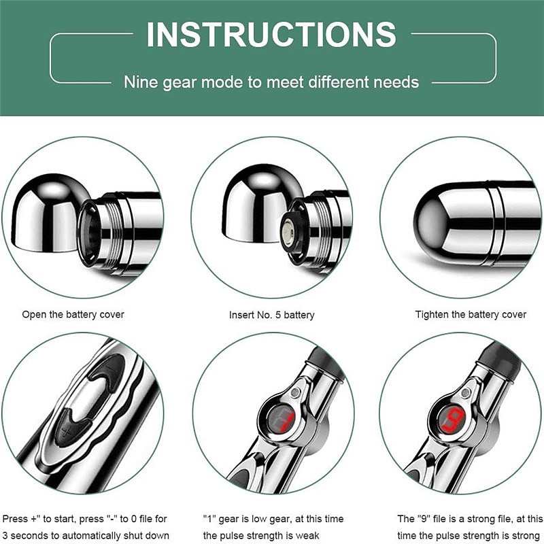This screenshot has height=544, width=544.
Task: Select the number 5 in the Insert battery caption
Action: click(278, 315)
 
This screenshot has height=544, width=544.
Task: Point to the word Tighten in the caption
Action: click(432, 315)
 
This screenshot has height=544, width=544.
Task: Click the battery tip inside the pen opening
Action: click(288, 230)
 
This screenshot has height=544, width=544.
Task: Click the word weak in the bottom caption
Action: click(307, 535)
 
